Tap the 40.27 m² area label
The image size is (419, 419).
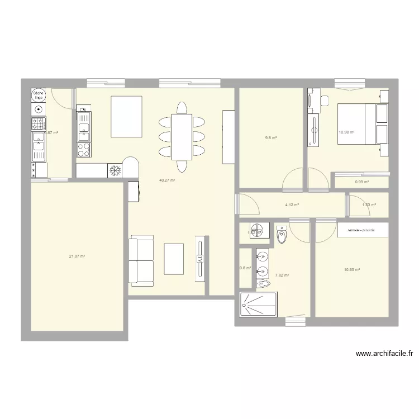pos(168,180)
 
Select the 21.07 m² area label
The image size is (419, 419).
pos(77,256)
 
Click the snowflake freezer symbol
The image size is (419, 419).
pos(115,170)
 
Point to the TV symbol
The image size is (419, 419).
pos(199,258)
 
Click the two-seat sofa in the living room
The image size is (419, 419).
pos(141,261)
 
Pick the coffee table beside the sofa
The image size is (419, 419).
pos(174,259)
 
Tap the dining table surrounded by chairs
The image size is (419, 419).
pos(182,136)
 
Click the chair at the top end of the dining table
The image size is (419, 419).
pos(182,106)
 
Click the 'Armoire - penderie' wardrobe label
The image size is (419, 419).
pos(360,230)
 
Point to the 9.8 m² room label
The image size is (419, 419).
pos(271,138)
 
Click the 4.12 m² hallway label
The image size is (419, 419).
pos(292,205)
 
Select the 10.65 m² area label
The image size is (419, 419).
pos(351,270)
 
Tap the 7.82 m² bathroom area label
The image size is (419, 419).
pos(282,275)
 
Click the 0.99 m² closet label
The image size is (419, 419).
pos(362,182)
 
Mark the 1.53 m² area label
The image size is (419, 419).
pos(369,205)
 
